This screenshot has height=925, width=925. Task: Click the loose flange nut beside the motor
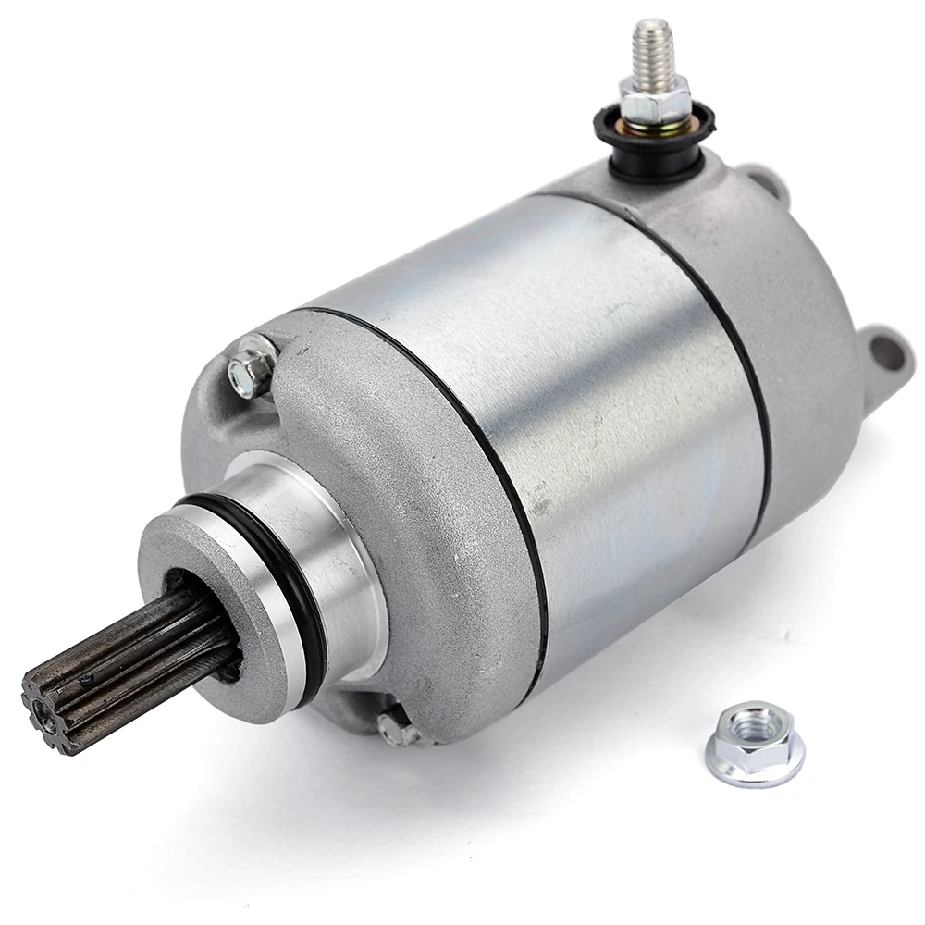click(754, 745)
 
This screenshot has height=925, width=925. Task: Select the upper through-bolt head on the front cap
click(251, 368)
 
